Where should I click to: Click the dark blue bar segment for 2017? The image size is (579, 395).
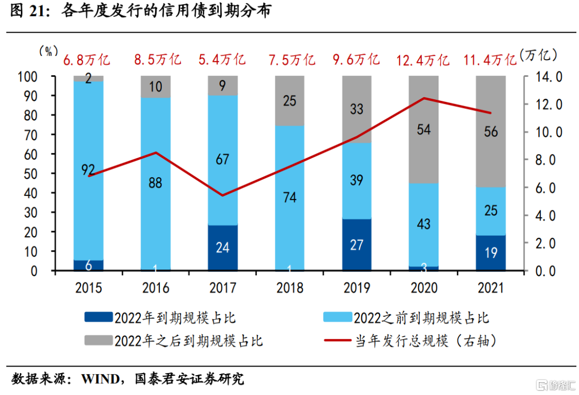222,247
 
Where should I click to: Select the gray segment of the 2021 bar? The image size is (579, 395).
491,131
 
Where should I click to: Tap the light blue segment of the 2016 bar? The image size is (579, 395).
155,182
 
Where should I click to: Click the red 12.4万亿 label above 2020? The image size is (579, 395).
422,60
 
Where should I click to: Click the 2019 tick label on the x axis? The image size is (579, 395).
357,288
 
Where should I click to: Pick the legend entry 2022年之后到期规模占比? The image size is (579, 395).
174,340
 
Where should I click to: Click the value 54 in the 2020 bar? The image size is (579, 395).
424,129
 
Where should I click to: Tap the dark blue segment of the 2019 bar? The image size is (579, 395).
357,244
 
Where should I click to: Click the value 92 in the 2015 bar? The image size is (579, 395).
88,170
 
